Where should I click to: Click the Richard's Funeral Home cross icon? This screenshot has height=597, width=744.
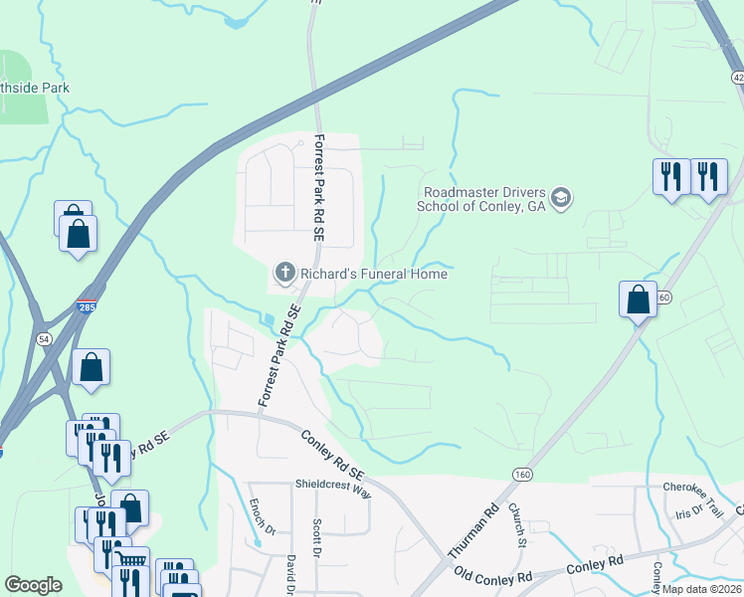pos(284,272)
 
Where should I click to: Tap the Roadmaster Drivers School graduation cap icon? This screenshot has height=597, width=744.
pos(561,199)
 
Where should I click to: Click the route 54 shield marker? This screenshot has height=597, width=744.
pos(43,340)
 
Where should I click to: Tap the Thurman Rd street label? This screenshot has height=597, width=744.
pos(473,531)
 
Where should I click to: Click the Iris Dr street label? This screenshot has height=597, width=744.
pos(688,512)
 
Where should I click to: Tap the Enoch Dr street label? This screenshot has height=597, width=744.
pos(256,515)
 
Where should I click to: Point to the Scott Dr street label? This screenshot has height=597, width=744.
pos(317,536)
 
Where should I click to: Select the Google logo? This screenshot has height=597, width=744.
pos(33,585)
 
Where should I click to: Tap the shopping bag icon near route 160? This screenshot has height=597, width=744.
pos(638,298)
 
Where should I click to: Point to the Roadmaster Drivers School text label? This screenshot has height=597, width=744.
pos(484,199)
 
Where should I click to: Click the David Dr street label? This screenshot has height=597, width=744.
pos(291,575)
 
